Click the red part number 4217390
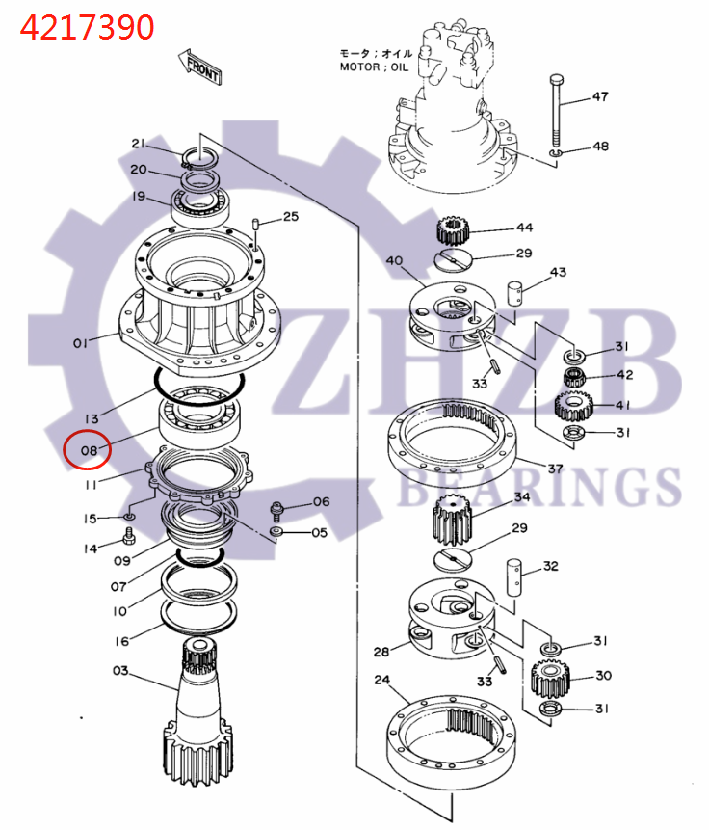pos(88,27)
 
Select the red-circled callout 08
pos(88,449)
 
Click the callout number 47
pos(599,96)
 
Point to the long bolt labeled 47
pos(557,111)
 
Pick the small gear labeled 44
pos(451,231)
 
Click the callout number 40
pos(393,261)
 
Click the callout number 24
pos(381,680)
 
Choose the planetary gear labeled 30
pos(548,679)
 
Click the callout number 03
pos(119,670)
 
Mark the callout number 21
pos(139,144)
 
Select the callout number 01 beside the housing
pos(80,342)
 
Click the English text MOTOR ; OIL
pos(374,67)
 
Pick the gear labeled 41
pos(574,406)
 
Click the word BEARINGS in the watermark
pos(539,487)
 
